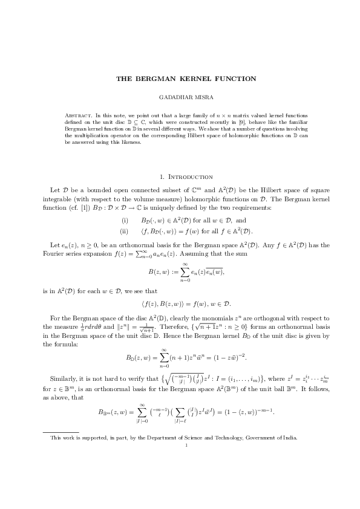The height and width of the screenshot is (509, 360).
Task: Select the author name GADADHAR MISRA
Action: (180, 97)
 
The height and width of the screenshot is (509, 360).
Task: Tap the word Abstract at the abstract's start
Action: (76, 115)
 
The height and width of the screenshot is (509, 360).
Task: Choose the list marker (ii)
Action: (125, 230)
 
